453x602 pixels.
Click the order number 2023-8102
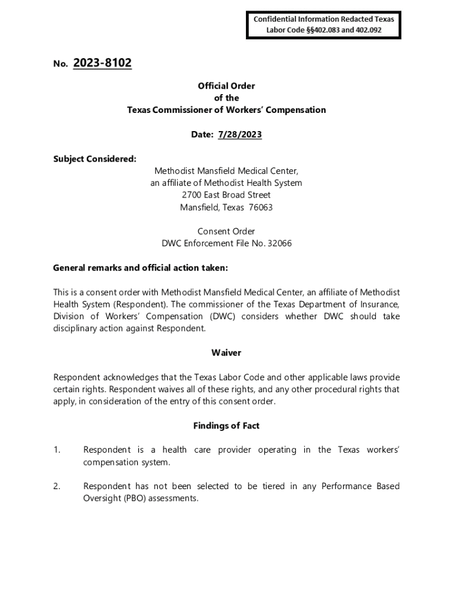[x=102, y=63]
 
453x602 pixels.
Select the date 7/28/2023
[x=239, y=135]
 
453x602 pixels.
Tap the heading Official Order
[x=226, y=86]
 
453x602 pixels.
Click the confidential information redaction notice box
[x=324, y=24]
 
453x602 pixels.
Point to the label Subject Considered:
[x=95, y=159]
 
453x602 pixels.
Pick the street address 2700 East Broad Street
[x=226, y=195]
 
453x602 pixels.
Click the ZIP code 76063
[x=261, y=208]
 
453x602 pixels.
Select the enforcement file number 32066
[x=280, y=243]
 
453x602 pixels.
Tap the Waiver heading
[x=226, y=353]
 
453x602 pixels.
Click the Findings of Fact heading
[x=226, y=426]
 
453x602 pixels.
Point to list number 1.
[x=57, y=450]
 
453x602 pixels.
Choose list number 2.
[x=57, y=487]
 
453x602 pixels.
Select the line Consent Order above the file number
[x=226, y=232]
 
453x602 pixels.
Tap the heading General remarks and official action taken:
[x=141, y=268]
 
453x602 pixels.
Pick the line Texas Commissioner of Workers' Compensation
[x=226, y=110]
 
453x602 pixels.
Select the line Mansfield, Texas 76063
[x=226, y=208]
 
